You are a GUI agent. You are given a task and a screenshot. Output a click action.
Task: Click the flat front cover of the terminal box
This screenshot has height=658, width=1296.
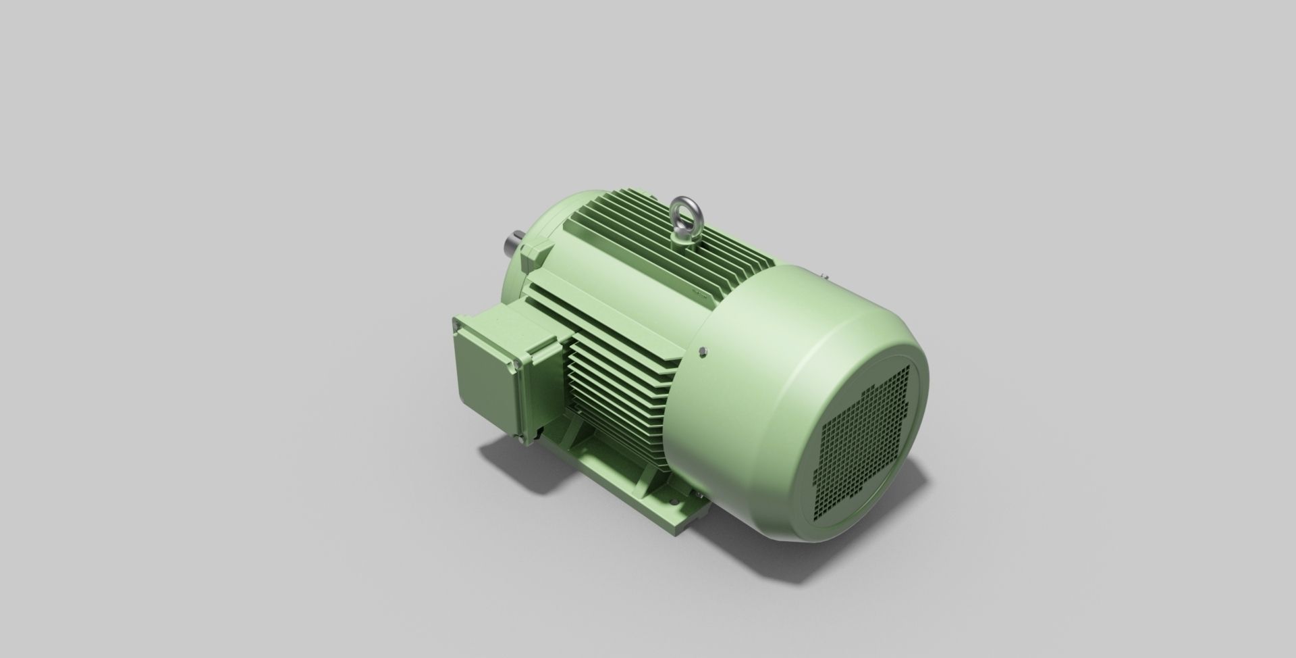(485, 376)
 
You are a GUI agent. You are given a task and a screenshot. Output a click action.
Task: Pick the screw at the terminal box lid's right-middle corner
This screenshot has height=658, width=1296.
(517, 365)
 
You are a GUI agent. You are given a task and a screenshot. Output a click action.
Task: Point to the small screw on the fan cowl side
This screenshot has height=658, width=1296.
(704, 351)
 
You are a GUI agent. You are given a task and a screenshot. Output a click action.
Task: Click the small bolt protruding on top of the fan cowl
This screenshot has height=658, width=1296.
(825, 274)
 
